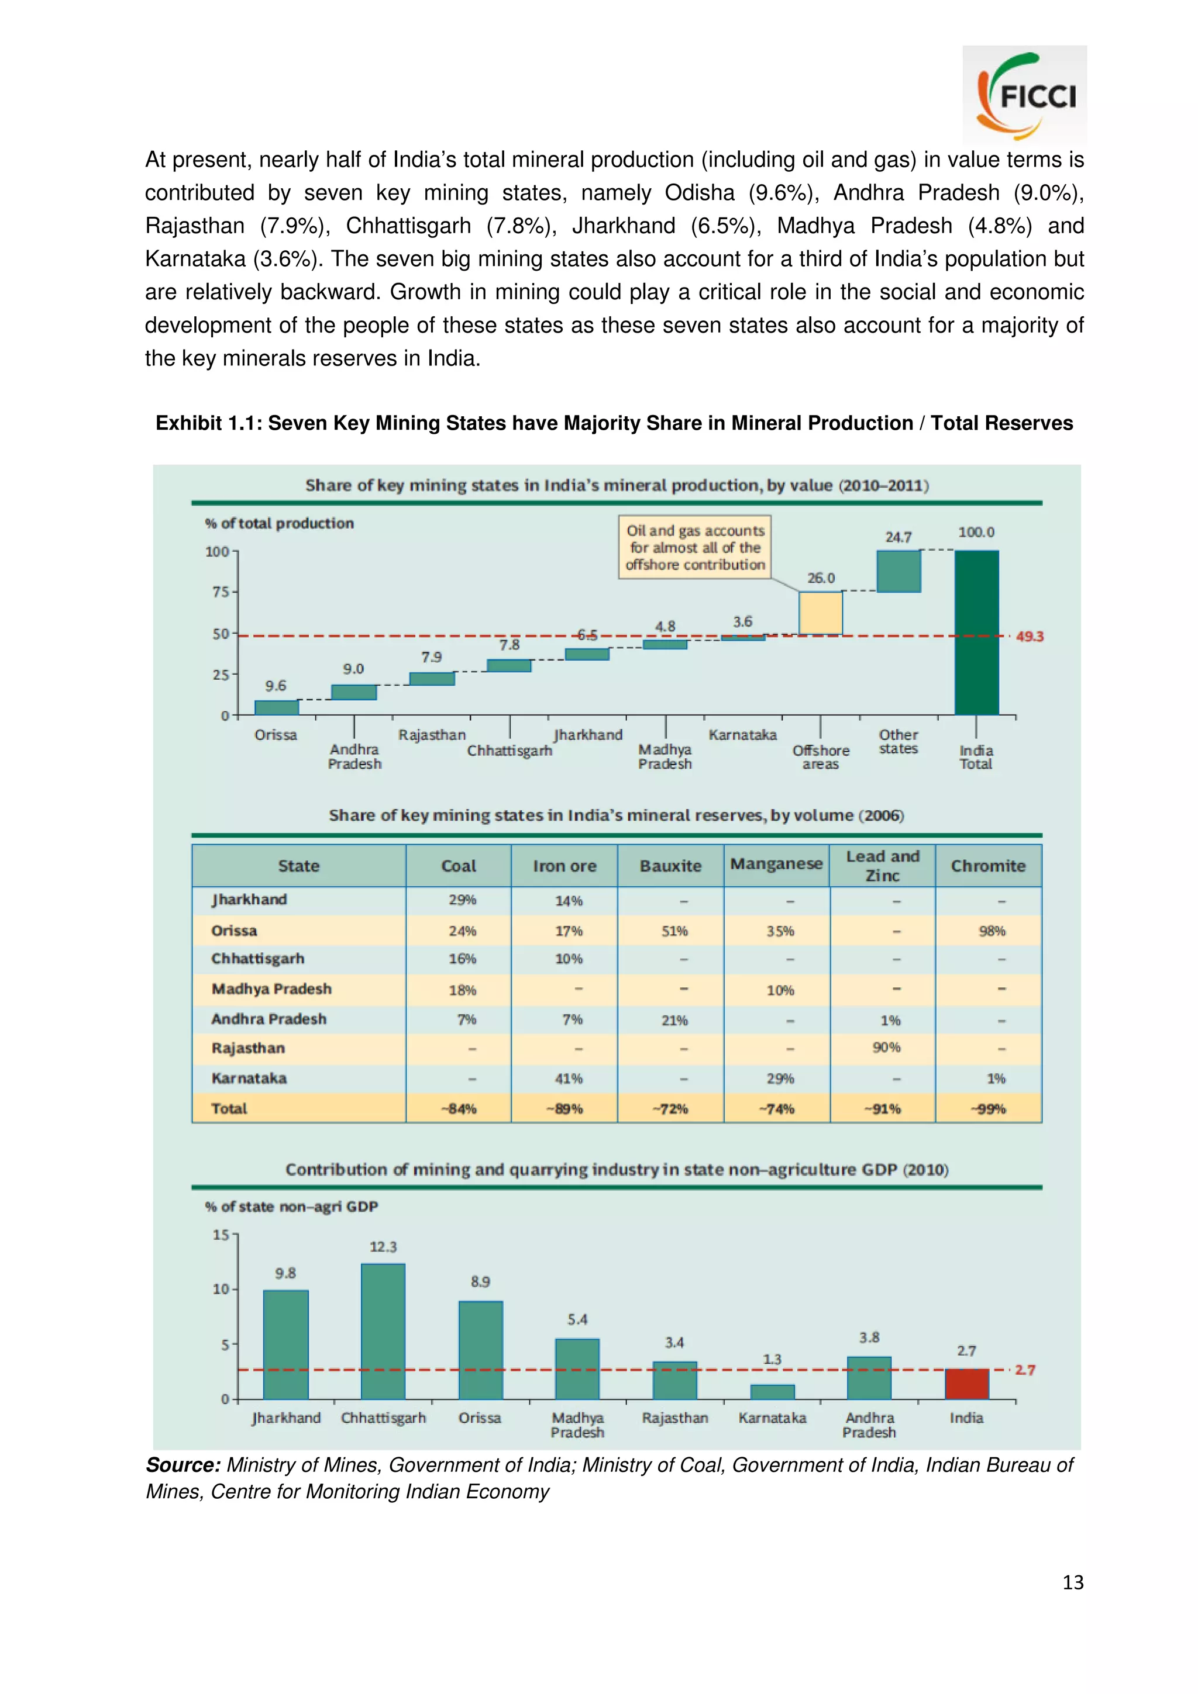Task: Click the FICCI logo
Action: (x=1024, y=95)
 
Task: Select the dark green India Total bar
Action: (x=976, y=632)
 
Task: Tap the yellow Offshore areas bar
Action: (x=820, y=613)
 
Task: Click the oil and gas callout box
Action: (x=694, y=547)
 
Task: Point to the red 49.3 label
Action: (x=1029, y=636)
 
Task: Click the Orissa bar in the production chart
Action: (x=276, y=707)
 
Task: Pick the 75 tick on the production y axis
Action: (x=220, y=592)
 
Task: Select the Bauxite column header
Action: (x=670, y=866)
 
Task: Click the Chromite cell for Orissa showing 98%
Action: (x=992, y=931)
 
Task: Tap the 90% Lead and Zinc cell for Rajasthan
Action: (x=886, y=1047)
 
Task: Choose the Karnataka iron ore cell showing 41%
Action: (x=569, y=1078)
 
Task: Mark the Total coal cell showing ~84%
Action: (x=462, y=1108)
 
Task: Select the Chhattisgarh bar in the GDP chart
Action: (x=383, y=1331)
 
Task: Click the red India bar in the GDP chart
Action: (x=966, y=1384)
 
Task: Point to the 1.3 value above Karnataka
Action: (x=772, y=1359)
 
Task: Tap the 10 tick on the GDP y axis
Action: (x=220, y=1289)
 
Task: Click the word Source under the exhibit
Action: (x=183, y=1464)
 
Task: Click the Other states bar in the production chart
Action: (x=898, y=571)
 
